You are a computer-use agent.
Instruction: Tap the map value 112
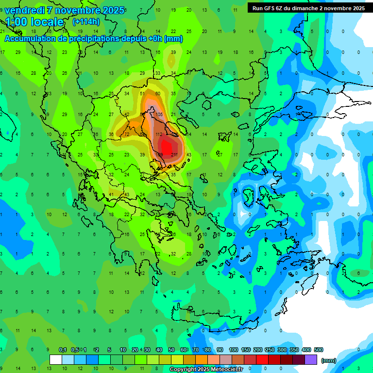[x=158, y=134]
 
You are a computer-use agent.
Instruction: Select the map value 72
[x=126, y=134]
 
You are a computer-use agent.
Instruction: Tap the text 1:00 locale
[x=35, y=22]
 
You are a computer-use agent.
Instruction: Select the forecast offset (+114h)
[x=86, y=22]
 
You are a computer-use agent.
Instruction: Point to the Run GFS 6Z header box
[x=308, y=8]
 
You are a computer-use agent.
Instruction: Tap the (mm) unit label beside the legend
[x=329, y=360]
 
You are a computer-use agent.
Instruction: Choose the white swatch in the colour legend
[x=56, y=360]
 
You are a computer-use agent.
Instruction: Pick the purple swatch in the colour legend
[x=311, y=360]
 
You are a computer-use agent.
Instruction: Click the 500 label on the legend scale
[x=319, y=350]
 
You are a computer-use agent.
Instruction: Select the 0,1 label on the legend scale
[x=63, y=350]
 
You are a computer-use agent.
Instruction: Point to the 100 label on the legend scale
[x=234, y=350]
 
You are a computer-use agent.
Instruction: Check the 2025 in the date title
[x=113, y=10]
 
